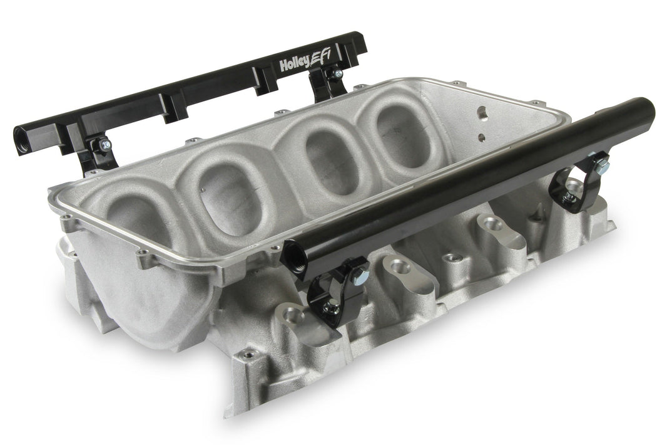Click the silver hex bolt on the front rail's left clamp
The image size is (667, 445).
344,273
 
